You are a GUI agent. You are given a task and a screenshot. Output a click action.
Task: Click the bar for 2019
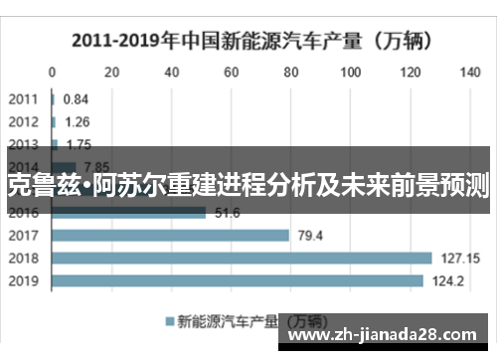(x=237, y=280)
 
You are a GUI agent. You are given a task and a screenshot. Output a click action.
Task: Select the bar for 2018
(x=242, y=258)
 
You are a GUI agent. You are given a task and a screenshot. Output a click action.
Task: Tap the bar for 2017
(x=170, y=236)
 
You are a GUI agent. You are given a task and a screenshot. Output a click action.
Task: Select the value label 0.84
(x=76, y=99)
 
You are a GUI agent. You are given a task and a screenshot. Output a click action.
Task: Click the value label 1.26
(x=77, y=121)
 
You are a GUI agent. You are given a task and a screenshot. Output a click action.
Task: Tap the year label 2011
(x=24, y=99)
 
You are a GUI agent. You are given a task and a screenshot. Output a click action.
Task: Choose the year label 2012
(x=24, y=121)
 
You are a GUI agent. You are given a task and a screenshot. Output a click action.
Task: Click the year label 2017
(x=24, y=236)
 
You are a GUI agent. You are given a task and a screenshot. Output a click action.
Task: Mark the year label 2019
(x=24, y=280)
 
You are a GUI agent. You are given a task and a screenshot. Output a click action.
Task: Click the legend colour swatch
(x=168, y=321)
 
